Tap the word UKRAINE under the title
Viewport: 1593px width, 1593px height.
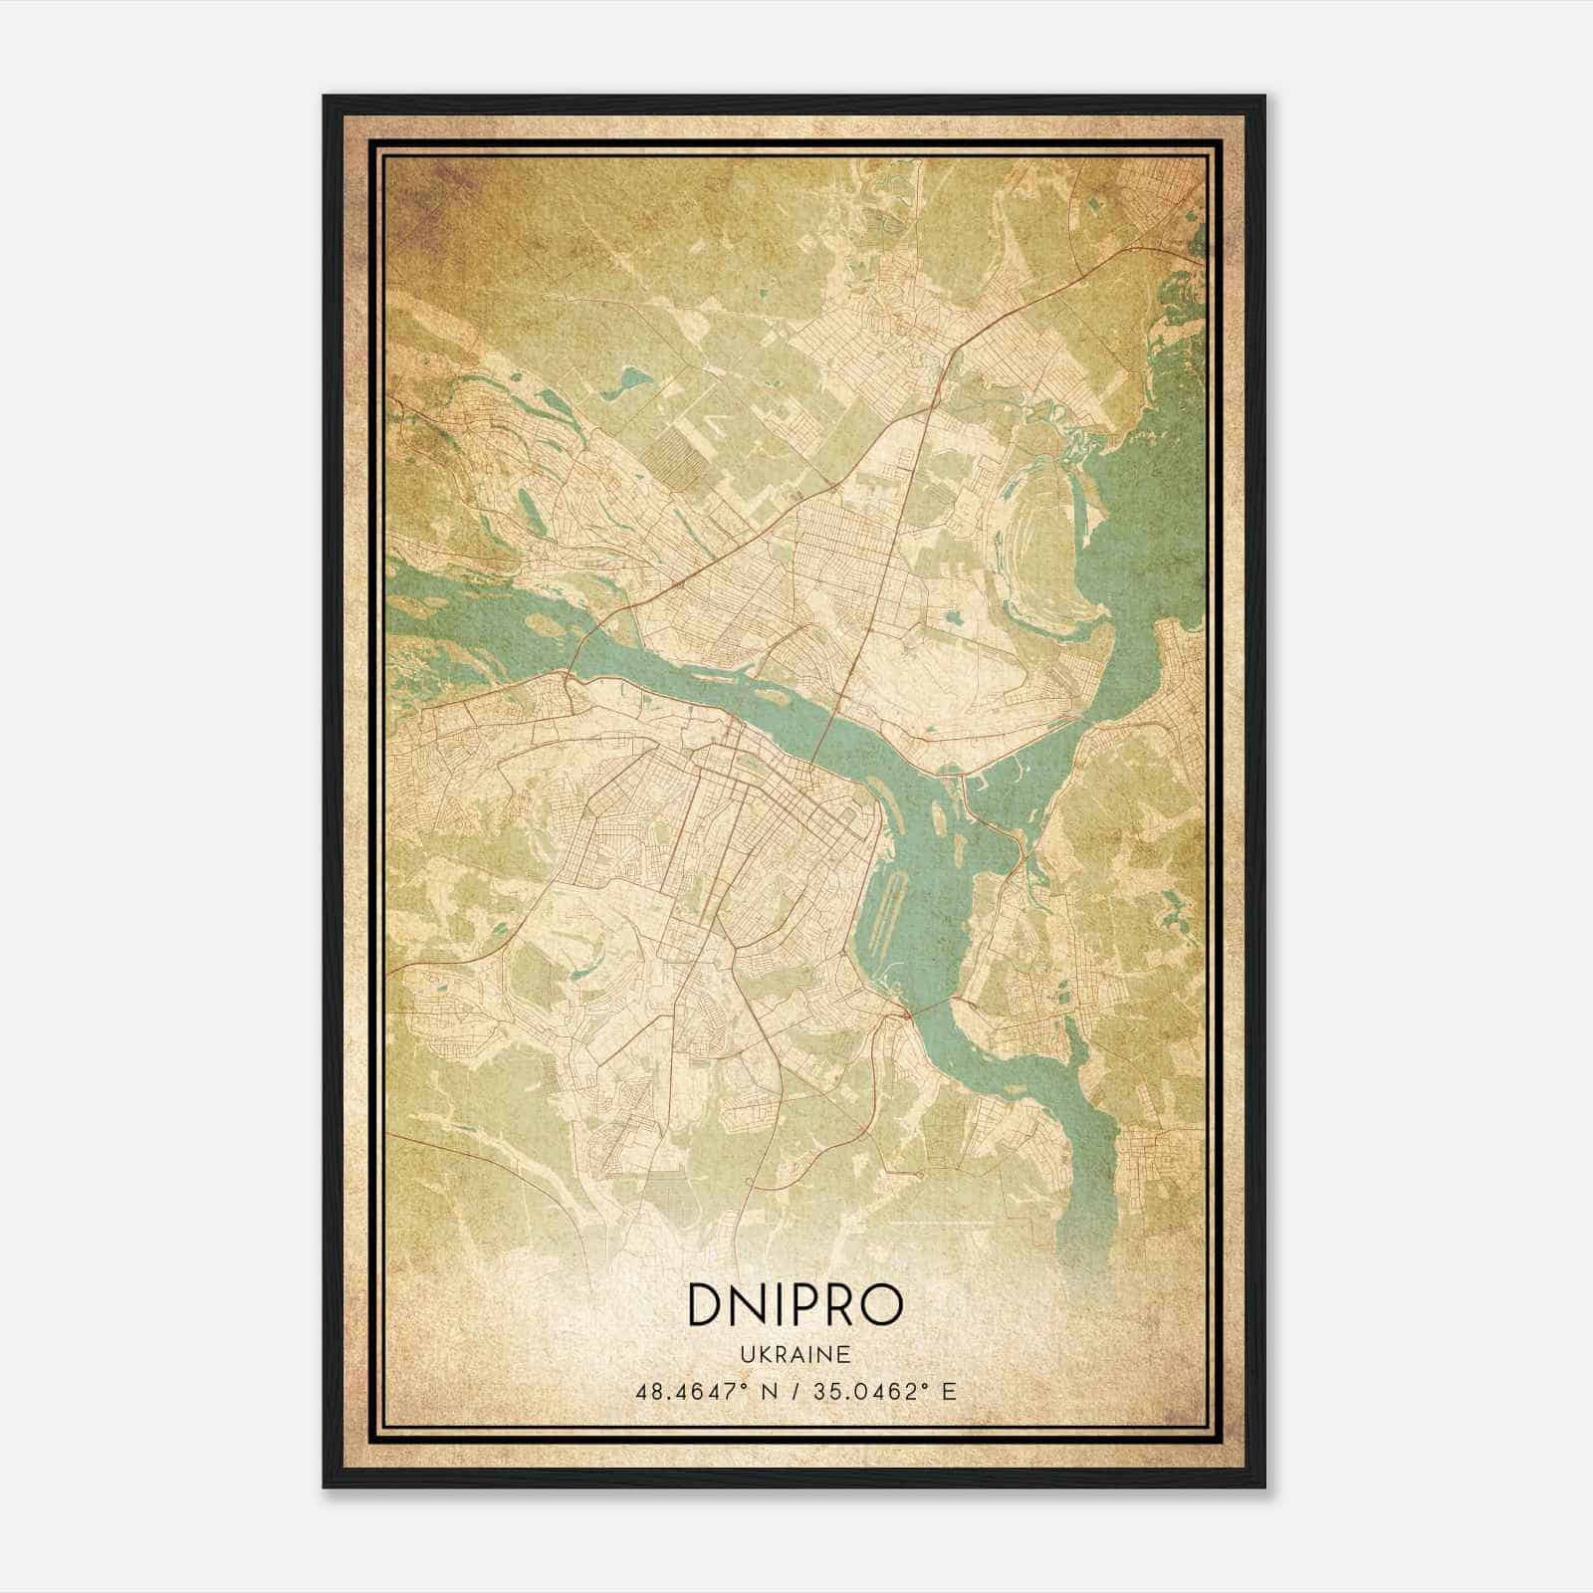(795, 1354)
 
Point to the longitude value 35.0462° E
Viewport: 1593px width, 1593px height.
(883, 1391)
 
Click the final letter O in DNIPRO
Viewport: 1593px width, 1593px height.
(883, 1305)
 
